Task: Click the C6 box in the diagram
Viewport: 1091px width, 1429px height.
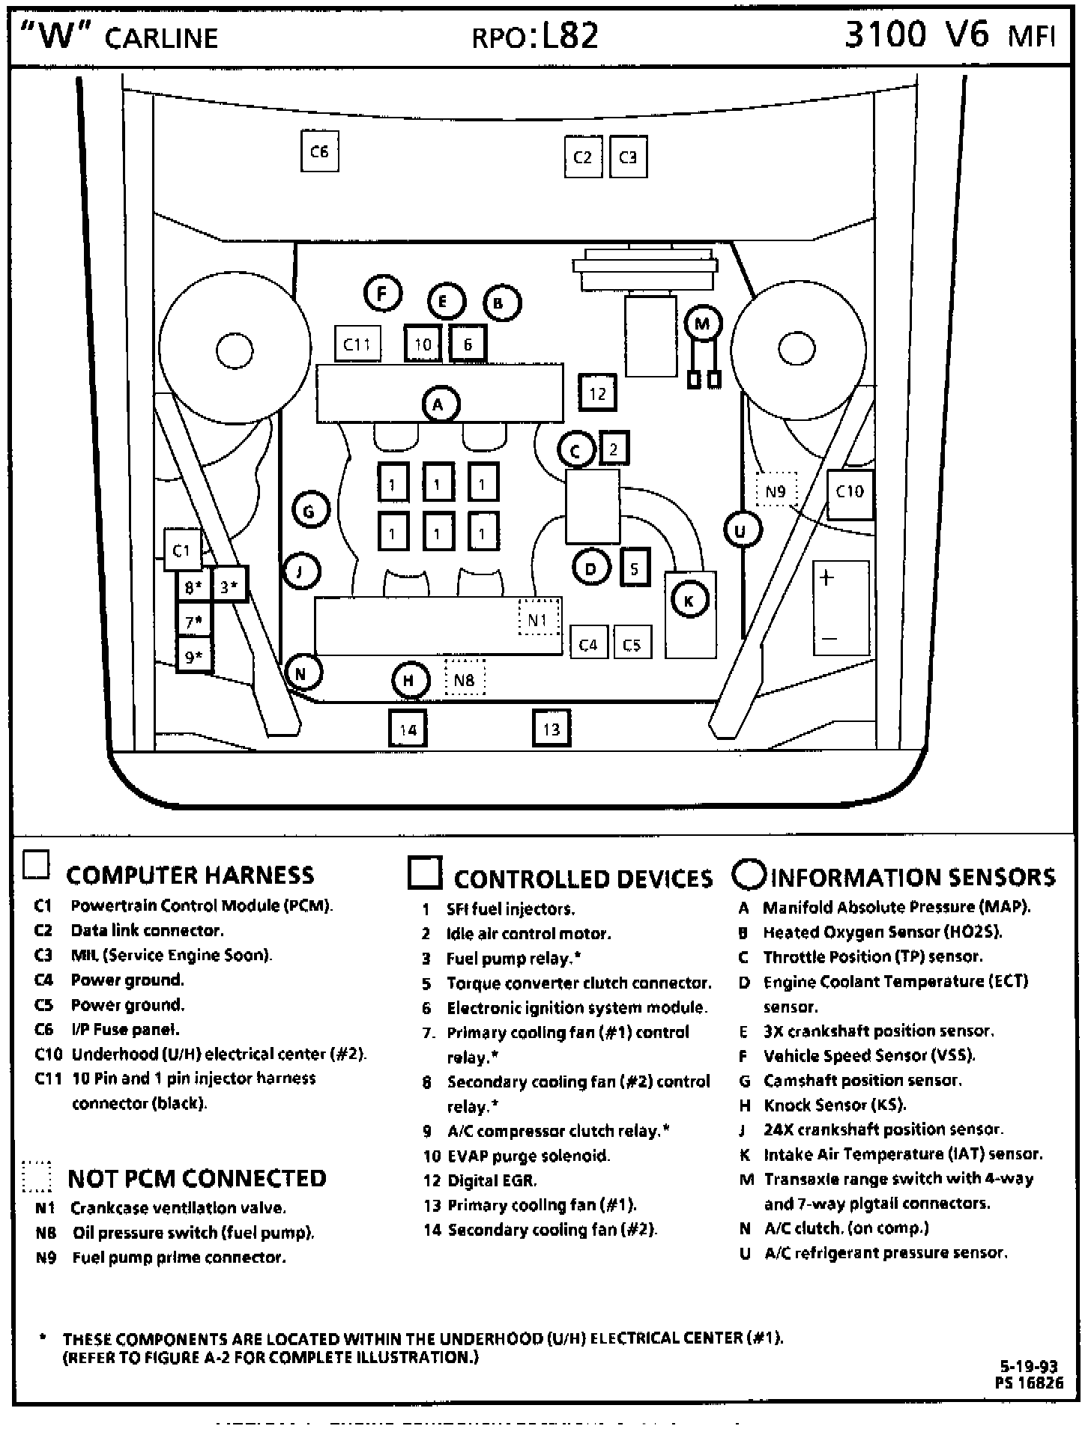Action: pos(319,152)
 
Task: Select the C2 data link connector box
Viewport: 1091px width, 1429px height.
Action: pos(583,157)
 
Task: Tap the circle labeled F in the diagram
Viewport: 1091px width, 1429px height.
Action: pos(383,294)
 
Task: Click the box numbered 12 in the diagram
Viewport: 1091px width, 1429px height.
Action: pos(598,393)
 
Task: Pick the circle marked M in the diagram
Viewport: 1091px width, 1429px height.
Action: pos(702,324)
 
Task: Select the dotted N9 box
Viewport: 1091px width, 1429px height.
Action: pos(776,491)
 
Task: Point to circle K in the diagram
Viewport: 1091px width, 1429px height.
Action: pos(689,600)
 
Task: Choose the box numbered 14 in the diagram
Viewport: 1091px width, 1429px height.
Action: pos(408,729)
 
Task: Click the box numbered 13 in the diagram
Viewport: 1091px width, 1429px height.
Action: pos(551,729)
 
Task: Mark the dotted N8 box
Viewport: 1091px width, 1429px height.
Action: pos(465,679)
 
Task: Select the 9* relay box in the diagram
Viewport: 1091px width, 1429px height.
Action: pos(194,658)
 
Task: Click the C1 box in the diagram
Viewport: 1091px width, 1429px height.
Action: pos(183,551)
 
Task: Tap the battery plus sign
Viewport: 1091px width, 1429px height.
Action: pos(826,578)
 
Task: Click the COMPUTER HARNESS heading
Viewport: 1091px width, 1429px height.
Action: pos(190,875)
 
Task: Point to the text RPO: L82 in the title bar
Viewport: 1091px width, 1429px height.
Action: pos(536,35)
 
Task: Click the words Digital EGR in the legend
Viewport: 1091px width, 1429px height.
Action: pos(492,1180)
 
